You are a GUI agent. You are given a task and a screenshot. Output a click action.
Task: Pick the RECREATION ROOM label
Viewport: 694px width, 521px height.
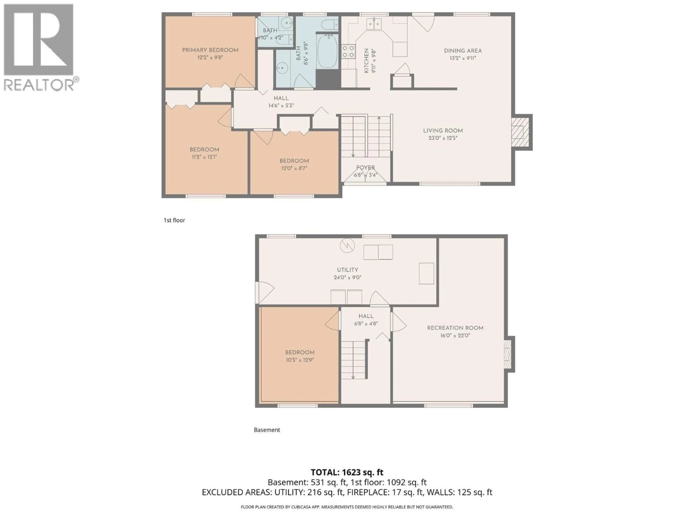tap(455, 328)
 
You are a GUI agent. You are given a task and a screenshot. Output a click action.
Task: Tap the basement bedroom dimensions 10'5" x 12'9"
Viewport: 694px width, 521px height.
tap(300, 360)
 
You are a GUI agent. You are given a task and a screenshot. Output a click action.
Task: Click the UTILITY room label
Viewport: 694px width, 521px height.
tap(347, 270)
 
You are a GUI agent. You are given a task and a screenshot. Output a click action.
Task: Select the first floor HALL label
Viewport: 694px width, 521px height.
tap(281, 98)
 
